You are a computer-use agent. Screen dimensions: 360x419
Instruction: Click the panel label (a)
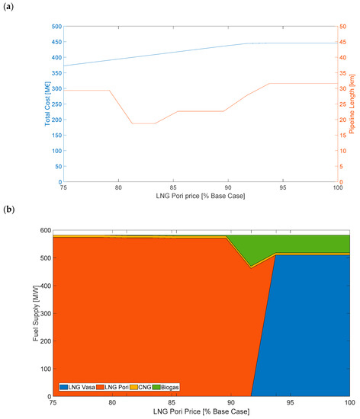tap(8, 6)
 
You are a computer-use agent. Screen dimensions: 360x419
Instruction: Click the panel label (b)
tap(8, 209)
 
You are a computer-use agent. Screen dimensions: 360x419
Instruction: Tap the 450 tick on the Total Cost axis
tap(56, 42)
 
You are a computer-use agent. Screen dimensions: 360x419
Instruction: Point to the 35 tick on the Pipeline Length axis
tap(343, 73)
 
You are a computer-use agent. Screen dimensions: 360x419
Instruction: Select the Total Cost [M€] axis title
tap(47, 104)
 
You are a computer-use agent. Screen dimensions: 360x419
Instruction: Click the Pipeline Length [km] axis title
tap(352, 104)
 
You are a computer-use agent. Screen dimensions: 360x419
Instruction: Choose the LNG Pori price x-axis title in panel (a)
tap(201, 196)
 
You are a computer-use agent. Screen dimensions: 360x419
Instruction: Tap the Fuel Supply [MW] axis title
tap(36, 313)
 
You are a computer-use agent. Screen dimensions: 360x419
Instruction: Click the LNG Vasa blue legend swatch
tap(63, 387)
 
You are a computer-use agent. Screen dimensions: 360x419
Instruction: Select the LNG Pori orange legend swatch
tap(100, 387)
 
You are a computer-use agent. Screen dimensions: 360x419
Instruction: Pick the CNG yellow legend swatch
tap(133, 387)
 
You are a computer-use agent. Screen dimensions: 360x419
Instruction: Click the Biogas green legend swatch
tap(156, 387)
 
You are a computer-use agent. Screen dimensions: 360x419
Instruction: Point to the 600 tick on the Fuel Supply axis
tap(46, 230)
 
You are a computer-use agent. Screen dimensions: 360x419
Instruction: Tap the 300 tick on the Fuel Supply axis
tap(46, 313)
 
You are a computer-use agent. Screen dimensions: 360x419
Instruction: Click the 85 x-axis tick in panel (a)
tap(173, 187)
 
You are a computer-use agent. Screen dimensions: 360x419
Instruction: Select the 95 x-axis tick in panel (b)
tap(290, 402)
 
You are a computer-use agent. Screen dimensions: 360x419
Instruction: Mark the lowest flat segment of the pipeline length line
tap(143, 123)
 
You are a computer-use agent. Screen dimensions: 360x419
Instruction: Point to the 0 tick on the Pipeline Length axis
tap(341, 182)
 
